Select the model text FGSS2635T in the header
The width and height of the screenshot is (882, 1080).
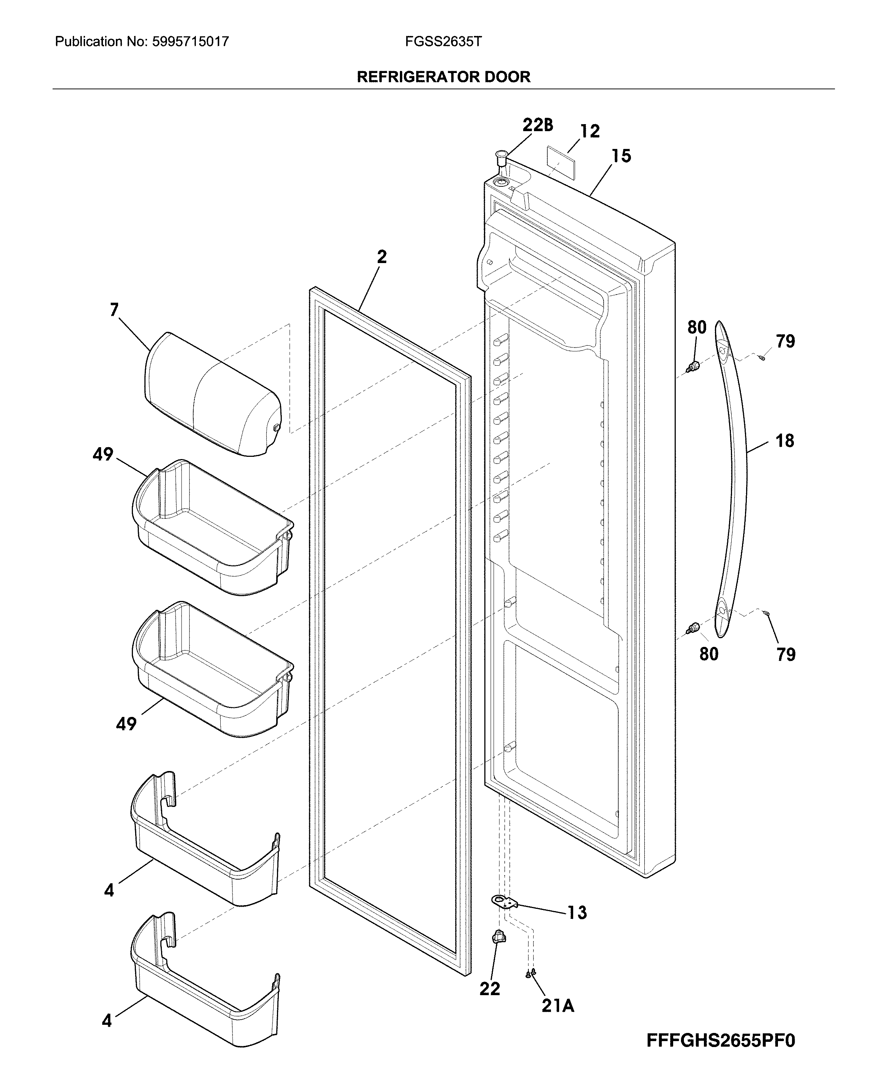tap(443, 41)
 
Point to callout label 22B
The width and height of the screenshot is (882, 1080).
tap(538, 125)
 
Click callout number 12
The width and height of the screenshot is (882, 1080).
tap(590, 132)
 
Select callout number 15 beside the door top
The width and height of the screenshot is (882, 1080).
tap(621, 156)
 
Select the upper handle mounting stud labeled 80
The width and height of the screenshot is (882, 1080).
tap(693, 366)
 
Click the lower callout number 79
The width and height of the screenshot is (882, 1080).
tap(785, 655)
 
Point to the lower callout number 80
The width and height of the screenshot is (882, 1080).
tap(709, 654)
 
